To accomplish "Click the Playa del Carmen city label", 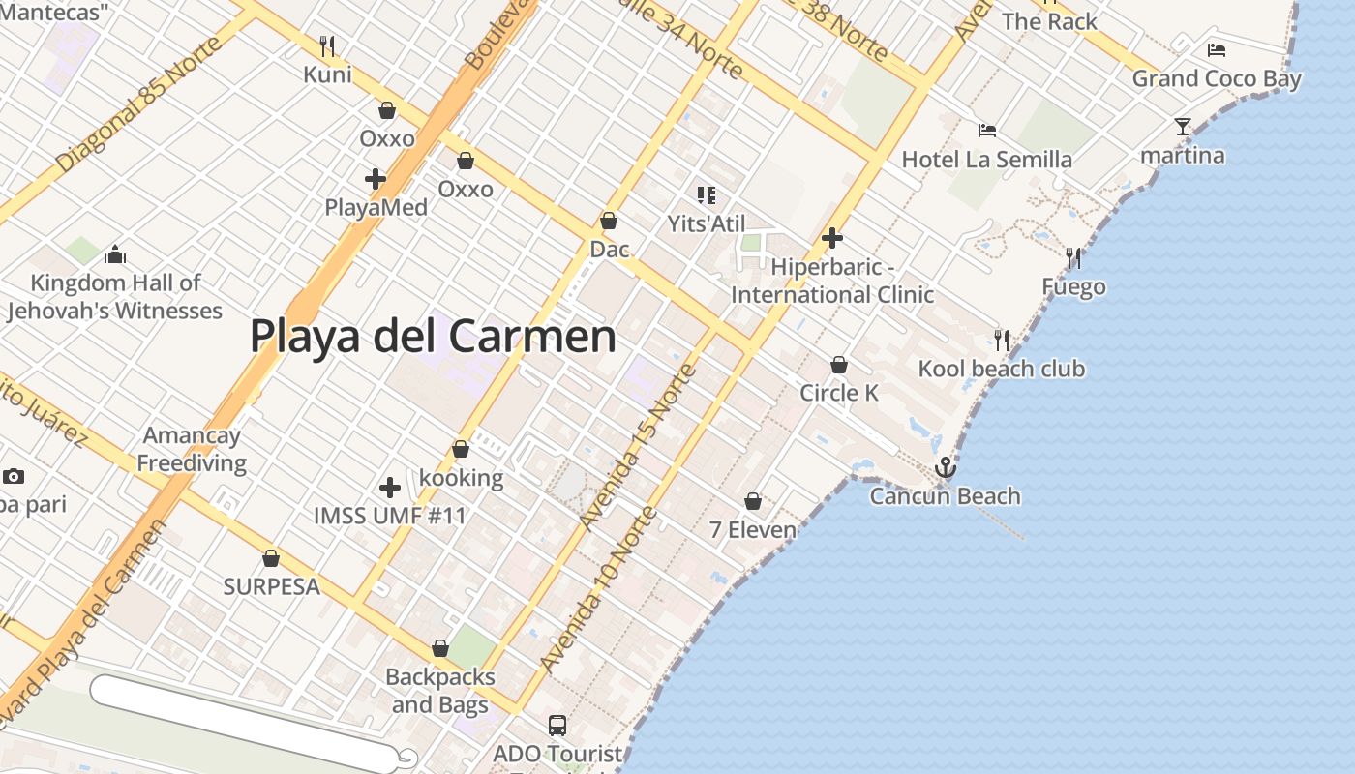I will pyautogui.click(x=433, y=337).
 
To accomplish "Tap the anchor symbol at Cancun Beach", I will pyautogui.click(x=945, y=469).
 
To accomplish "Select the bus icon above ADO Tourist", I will pyautogui.click(x=557, y=726).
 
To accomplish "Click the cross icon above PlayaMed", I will pyautogui.click(x=376, y=179).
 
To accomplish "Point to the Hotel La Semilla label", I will pyautogui.click(x=986, y=159).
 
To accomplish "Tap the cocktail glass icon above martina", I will pyautogui.click(x=1182, y=127).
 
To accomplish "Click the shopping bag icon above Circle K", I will pyautogui.click(x=839, y=365).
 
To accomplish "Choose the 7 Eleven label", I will pyautogui.click(x=753, y=530).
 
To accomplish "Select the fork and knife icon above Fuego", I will pyautogui.click(x=1073, y=258).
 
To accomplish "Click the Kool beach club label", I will pyautogui.click(x=1001, y=369).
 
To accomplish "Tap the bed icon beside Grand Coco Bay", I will pyautogui.click(x=1217, y=50).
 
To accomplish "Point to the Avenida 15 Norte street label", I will pyautogui.click(x=640, y=447).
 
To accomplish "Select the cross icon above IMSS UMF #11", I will pyautogui.click(x=390, y=488).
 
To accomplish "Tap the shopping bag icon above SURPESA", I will pyautogui.click(x=271, y=558).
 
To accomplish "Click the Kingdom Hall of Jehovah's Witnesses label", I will pyautogui.click(x=115, y=297).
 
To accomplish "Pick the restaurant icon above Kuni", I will pyautogui.click(x=327, y=45).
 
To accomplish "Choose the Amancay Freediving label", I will pyautogui.click(x=191, y=450).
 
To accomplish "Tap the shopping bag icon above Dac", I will pyautogui.click(x=609, y=222).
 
